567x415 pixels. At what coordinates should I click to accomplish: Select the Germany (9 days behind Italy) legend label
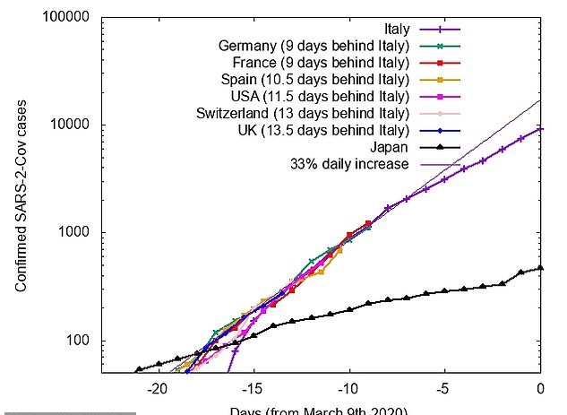click(x=314, y=46)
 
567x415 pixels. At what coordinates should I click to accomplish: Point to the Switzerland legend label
click(x=303, y=113)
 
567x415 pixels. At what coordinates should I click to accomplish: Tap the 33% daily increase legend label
click(x=349, y=164)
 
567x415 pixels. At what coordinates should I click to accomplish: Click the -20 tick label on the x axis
click(x=158, y=390)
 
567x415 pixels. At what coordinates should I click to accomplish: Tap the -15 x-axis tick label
click(x=253, y=390)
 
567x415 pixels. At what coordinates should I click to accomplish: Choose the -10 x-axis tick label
click(x=349, y=390)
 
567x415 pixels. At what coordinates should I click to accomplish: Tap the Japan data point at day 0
click(x=541, y=267)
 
